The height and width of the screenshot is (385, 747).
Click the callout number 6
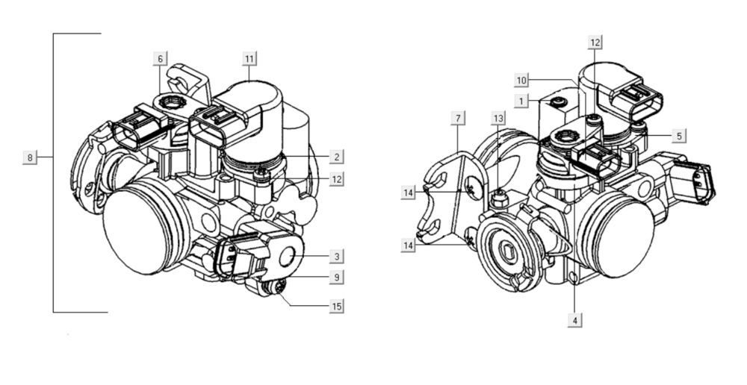(x=160, y=58)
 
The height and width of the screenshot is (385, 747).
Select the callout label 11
(x=249, y=58)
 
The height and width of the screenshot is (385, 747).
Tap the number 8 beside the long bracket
(x=30, y=157)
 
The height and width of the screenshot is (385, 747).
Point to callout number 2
(x=337, y=157)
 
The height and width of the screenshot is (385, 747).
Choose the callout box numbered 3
(x=337, y=256)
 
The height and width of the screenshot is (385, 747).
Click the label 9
(x=337, y=278)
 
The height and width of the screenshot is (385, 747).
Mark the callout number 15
(x=337, y=306)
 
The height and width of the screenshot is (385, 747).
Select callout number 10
(x=521, y=80)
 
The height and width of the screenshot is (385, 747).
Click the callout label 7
(x=459, y=118)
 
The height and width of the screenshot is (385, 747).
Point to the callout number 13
(x=498, y=118)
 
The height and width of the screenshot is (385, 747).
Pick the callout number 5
(x=678, y=136)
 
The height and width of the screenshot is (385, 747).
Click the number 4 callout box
(x=574, y=320)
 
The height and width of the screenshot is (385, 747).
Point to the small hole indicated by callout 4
(x=573, y=278)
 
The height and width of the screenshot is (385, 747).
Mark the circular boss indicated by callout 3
(x=288, y=257)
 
